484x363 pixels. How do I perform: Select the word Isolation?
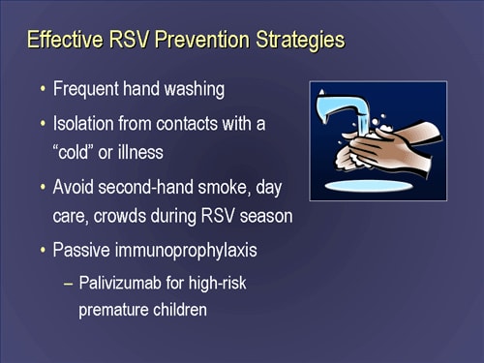(x=86, y=125)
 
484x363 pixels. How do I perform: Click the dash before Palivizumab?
(x=66, y=284)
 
